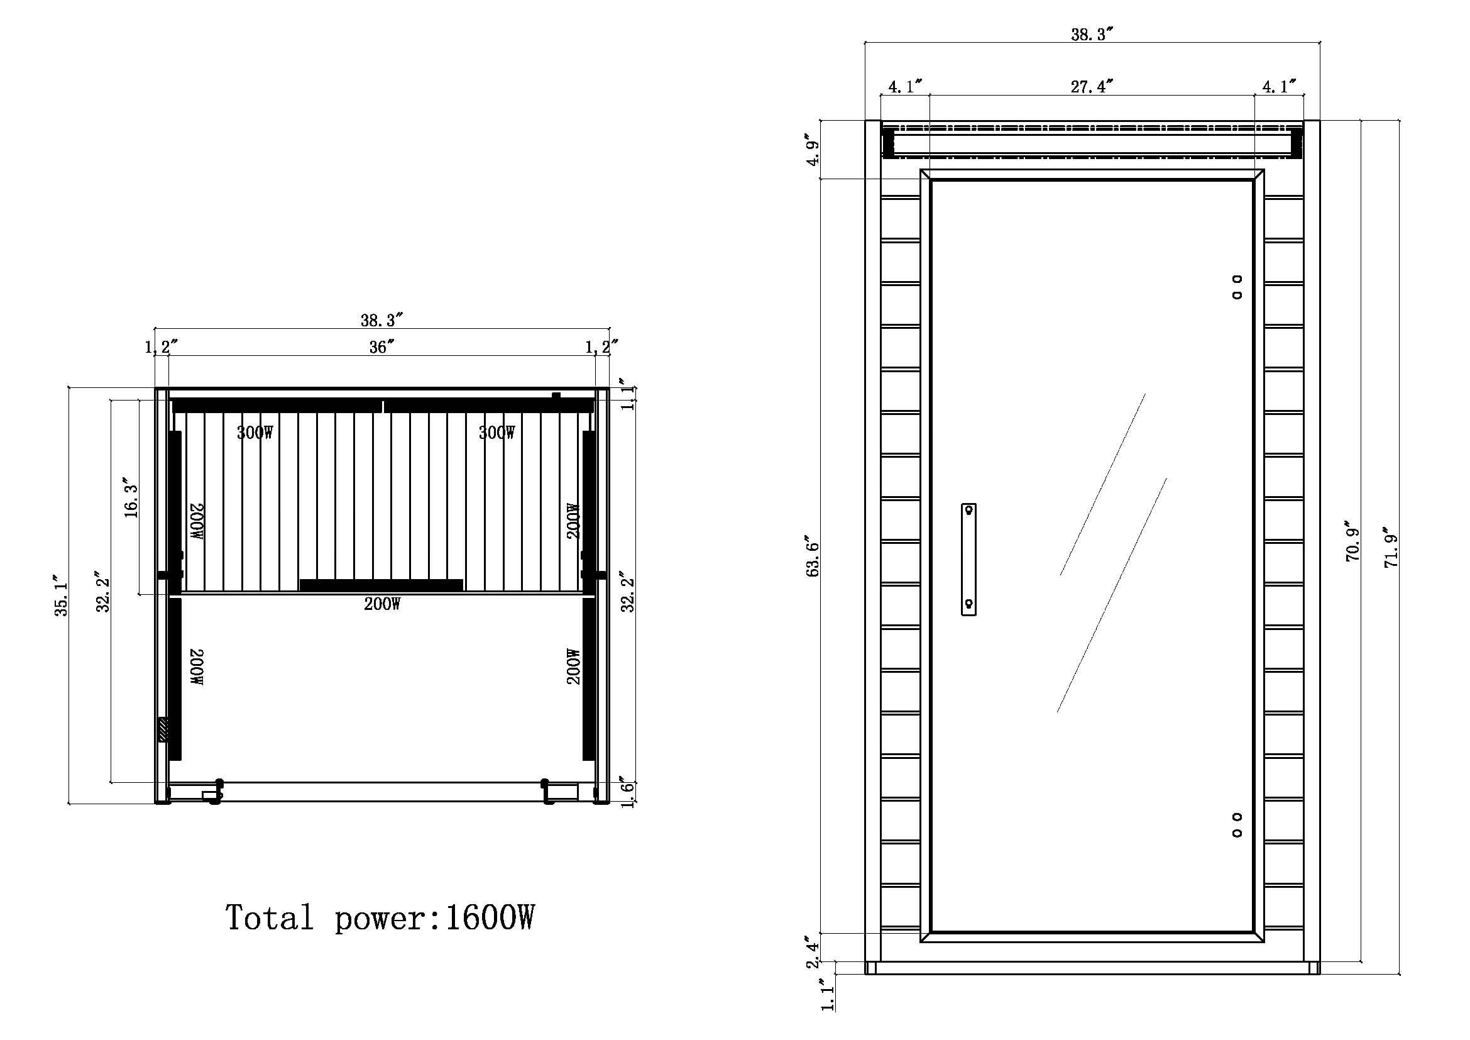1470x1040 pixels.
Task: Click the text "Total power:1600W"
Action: (x=379, y=917)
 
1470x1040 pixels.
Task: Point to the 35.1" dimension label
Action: (x=62, y=595)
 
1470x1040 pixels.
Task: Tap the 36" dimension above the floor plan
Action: (x=381, y=347)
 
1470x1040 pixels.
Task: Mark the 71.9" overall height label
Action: (x=1391, y=548)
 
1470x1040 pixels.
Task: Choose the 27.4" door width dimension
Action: (x=1092, y=86)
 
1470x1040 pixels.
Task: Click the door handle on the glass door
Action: (x=968, y=559)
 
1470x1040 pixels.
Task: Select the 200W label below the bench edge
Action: (x=382, y=604)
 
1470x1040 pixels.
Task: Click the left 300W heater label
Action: (x=255, y=433)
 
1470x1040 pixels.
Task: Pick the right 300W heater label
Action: (x=496, y=433)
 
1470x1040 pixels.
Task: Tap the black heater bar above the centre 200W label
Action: (x=381, y=585)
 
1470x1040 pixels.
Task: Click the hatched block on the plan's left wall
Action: (x=164, y=730)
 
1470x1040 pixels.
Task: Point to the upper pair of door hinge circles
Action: (x=1237, y=287)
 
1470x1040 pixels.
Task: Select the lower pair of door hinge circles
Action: (x=1237, y=825)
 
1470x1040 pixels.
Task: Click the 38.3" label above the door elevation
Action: (x=1092, y=35)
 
